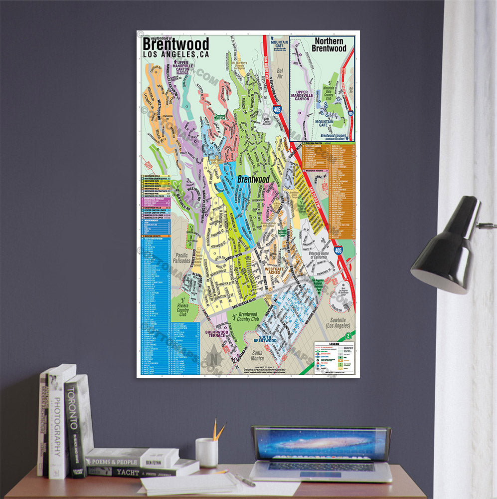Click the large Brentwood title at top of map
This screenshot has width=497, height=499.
[175, 44]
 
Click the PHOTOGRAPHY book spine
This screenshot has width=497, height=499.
[57, 424]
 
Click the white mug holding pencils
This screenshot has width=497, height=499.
[206, 452]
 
